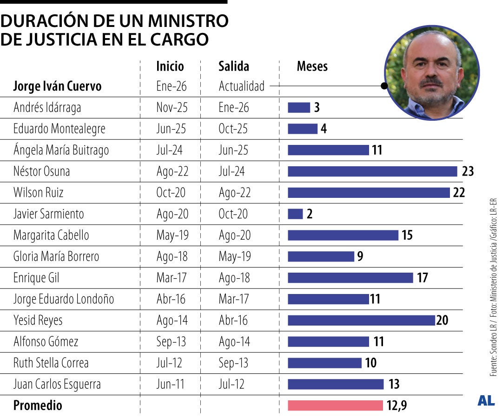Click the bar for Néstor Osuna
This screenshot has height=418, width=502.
click(x=372, y=171)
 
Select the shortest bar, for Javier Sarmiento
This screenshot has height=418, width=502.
click(x=295, y=214)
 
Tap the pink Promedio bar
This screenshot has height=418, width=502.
click(x=335, y=405)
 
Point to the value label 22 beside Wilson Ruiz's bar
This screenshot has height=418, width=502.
click(x=459, y=193)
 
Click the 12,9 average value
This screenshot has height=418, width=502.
click(x=396, y=405)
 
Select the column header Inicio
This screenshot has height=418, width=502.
click(x=170, y=66)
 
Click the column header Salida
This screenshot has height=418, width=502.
click(x=234, y=66)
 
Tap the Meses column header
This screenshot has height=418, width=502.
click(x=312, y=66)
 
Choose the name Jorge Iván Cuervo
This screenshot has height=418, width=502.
click(x=57, y=86)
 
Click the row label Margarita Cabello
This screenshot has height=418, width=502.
click(x=51, y=235)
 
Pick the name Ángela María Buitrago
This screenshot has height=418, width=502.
click(x=61, y=150)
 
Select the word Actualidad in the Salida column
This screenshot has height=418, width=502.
click(x=242, y=86)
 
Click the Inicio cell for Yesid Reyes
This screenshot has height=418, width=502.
click(x=172, y=320)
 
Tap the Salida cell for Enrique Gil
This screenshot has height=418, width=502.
click(x=234, y=278)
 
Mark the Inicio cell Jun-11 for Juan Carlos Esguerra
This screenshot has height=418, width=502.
click(x=171, y=385)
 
